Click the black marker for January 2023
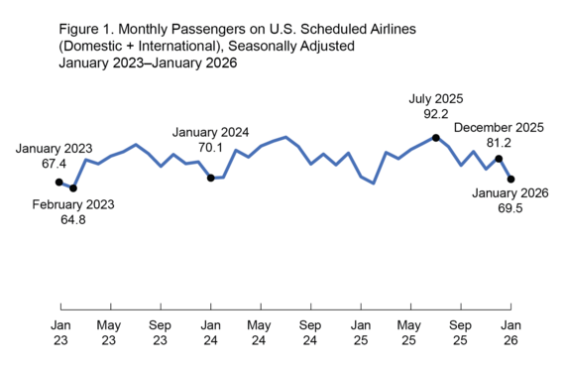(x=60, y=182)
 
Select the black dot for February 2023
(x=73, y=187)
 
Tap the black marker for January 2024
(x=210, y=178)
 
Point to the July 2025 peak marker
(x=436, y=137)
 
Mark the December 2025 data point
(x=499, y=159)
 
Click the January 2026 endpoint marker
(x=511, y=179)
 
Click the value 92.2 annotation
(x=436, y=115)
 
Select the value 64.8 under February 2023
(x=73, y=220)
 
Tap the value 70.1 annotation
(x=210, y=148)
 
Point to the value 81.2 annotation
(x=500, y=144)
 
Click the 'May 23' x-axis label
(x=110, y=332)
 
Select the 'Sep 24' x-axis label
(x=310, y=332)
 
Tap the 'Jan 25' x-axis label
(x=361, y=332)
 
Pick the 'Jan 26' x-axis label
(x=510, y=332)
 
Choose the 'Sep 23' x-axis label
(x=161, y=332)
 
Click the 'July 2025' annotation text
(x=436, y=99)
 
